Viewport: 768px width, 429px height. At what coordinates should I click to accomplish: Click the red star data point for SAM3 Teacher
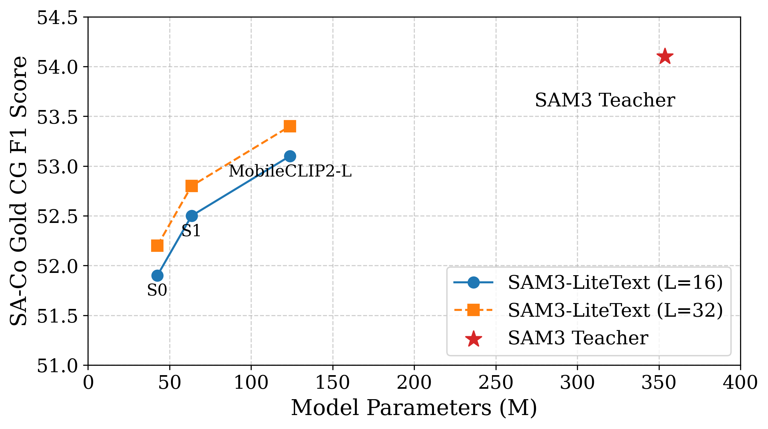coord(665,57)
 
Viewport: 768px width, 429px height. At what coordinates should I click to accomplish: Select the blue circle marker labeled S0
coord(157,276)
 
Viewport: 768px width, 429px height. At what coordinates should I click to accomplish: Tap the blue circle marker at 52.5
coord(192,216)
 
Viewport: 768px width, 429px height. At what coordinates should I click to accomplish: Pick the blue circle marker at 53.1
coord(290,156)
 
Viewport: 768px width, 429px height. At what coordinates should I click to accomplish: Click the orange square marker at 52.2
coord(157,246)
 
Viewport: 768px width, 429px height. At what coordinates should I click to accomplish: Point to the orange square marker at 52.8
coord(192,186)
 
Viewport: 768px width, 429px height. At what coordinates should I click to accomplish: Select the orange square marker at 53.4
coord(290,126)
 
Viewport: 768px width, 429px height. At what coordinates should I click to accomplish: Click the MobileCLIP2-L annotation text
coord(290,171)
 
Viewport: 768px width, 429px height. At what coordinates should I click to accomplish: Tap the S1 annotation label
coord(191,231)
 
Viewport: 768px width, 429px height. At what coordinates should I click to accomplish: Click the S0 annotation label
coord(157,290)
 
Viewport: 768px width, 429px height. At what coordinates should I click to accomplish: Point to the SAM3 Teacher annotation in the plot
coord(605,100)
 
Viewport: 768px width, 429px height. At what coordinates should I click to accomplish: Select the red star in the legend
coord(474,339)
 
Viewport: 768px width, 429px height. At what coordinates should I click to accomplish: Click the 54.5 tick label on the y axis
coord(57,18)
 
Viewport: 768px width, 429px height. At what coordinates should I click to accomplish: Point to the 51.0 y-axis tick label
coord(57,366)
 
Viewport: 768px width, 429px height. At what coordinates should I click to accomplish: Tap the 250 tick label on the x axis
coord(496,383)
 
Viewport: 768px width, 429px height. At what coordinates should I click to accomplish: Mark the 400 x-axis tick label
coord(740,383)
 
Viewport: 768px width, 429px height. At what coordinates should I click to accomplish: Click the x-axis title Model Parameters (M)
coord(414,408)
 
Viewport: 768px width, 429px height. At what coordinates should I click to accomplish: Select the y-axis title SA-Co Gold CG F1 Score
coord(18,191)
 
